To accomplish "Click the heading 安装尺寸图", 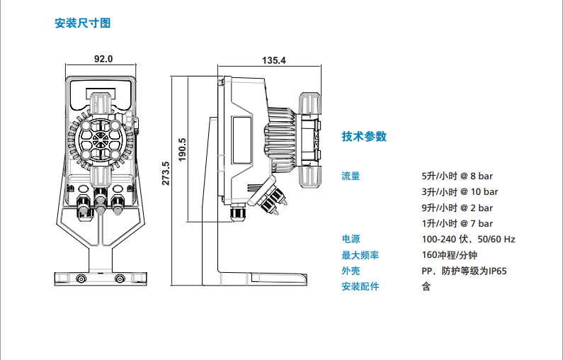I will click(83, 23).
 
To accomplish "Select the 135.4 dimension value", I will click(273, 61).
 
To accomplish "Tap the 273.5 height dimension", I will click(165, 174).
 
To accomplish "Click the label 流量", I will click(351, 176).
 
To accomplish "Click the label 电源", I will click(351, 240).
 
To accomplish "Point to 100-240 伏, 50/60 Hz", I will click(467, 240).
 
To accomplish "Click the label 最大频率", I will click(360, 255).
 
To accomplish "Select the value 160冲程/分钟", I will click(449, 255).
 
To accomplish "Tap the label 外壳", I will click(351, 271).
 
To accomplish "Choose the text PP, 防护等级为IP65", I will click(464, 271).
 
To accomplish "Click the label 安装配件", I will click(360, 286).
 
